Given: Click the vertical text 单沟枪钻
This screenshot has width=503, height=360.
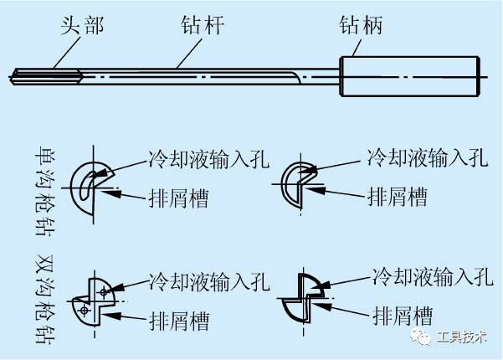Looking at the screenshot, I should point(37,183).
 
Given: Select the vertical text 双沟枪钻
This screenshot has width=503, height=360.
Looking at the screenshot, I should point(37,296).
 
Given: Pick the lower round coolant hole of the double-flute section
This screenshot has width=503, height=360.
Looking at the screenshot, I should point(85,308).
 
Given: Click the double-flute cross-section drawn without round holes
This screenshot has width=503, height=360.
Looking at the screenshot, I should point(300,299).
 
